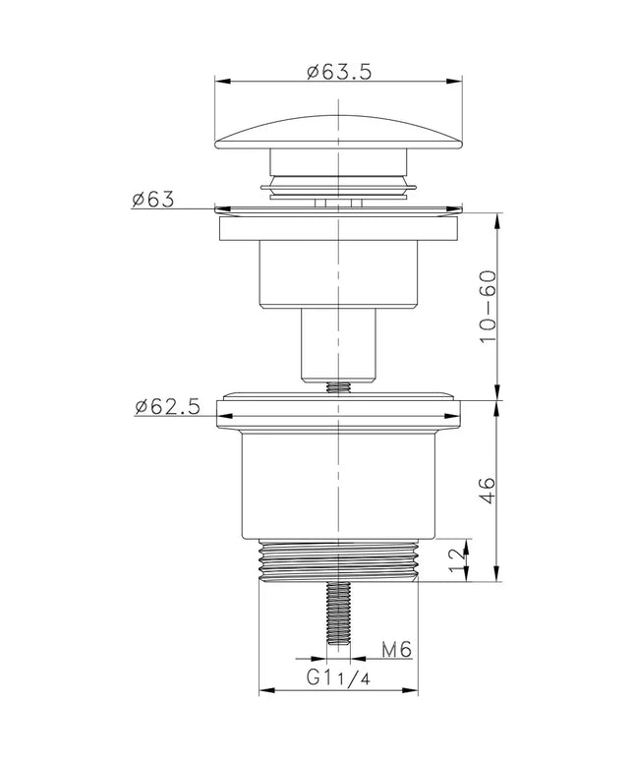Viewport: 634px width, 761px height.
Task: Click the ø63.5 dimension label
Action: click(x=339, y=72)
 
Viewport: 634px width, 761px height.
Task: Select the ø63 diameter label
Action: click(x=152, y=199)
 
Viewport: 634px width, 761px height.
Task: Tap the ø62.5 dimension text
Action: click(x=167, y=407)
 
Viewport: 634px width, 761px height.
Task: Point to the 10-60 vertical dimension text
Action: click(x=488, y=307)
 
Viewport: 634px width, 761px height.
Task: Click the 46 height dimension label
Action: click(x=488, y=492)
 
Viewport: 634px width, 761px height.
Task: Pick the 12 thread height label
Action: click(x=457, y=560)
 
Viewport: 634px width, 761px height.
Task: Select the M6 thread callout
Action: click(x=396, y=649)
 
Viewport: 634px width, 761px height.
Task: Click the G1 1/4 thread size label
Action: click(x=338, y=677)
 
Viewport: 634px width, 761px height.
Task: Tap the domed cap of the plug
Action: click(x=338, y=132)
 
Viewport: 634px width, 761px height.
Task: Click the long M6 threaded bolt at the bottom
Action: click(x=338, y=613)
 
